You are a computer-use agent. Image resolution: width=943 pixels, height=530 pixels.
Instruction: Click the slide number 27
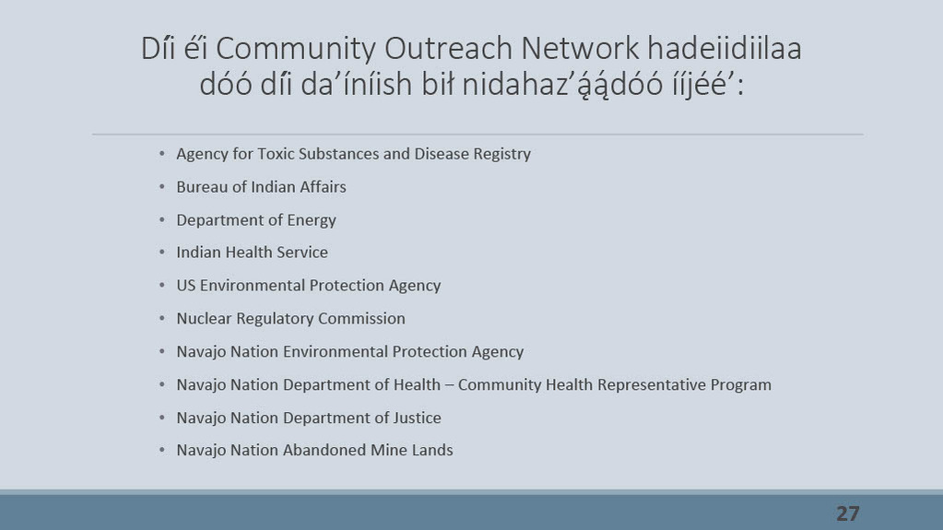tap(847, 513)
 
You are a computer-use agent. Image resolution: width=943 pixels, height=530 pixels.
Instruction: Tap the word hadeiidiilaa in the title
tap(725, 48)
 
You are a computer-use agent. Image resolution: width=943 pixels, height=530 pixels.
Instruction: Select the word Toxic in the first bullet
tap(276, 154)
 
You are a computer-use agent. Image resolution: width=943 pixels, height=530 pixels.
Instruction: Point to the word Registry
tap(502, 155)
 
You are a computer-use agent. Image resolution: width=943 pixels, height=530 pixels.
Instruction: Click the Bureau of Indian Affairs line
tap(261, 187)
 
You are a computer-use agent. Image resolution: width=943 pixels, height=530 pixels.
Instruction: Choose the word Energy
tap(312, 221)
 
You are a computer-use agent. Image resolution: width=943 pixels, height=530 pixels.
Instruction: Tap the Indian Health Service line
tap(252, 252)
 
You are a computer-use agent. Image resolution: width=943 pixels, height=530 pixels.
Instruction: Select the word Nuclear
tap(204, 318)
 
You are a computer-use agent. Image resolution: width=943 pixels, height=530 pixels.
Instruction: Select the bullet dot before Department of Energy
tap(162, 219)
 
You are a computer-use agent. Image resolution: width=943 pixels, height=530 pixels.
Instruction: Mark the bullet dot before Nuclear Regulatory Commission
tap(162, 318)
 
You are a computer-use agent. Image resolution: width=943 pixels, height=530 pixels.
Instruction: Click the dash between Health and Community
tap(449, 385)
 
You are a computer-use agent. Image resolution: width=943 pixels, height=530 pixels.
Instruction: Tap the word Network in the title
tap(580, 48)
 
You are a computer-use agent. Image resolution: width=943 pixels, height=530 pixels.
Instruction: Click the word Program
tap(741, 385)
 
